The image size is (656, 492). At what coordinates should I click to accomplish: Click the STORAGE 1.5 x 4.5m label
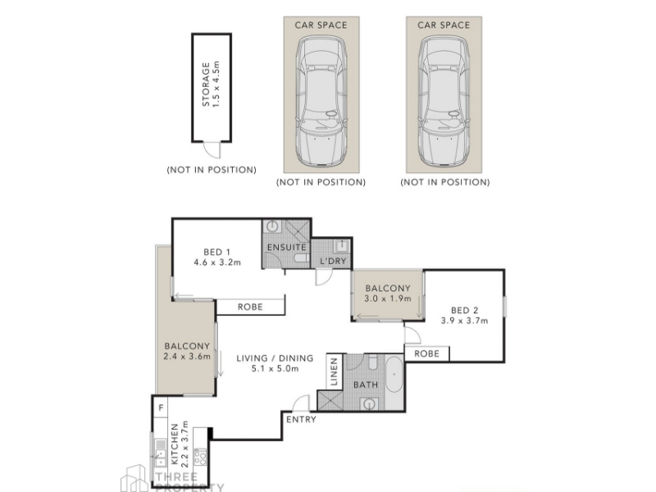211,84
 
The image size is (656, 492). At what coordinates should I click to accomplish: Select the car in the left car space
321,101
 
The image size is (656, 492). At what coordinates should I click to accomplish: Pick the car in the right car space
444,101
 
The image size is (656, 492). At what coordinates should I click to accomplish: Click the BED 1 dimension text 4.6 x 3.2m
217,262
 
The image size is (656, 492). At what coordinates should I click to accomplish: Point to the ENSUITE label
286,248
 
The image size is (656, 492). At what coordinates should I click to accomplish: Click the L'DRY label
333,261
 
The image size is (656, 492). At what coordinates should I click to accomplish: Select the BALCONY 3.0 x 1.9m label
388,294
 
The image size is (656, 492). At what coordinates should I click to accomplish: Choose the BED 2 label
464,311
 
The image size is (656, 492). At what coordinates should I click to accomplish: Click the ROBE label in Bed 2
426,353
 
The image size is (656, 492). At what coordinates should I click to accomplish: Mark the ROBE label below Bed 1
250,307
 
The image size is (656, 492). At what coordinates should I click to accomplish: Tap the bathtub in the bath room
394,375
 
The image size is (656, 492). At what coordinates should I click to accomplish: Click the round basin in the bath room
369,404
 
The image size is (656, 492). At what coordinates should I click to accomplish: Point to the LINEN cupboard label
334,371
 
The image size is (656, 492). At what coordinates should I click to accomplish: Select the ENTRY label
301,419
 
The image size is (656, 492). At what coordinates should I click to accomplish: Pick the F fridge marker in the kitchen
161,407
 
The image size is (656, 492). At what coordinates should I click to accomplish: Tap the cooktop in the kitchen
200,457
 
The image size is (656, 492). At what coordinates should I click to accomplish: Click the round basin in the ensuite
273,226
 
